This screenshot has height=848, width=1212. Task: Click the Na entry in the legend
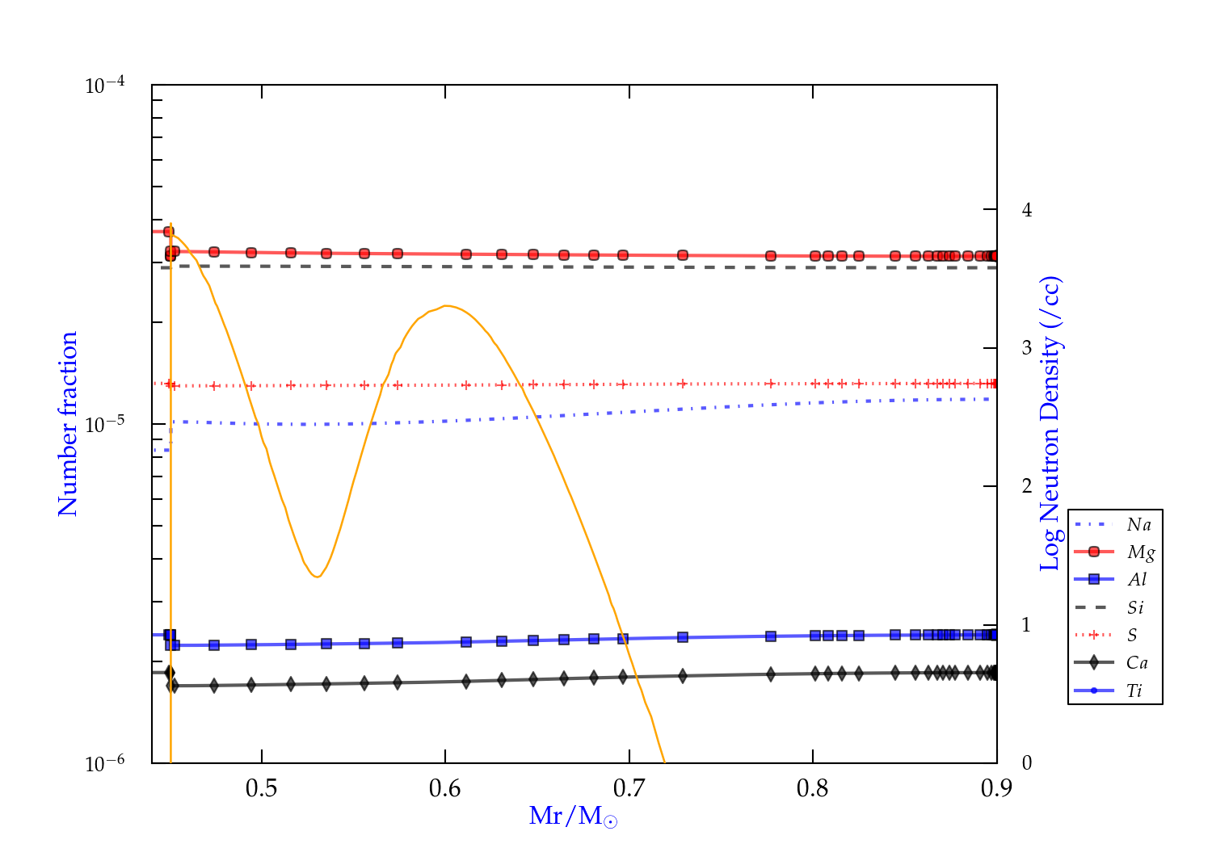point(1138,525)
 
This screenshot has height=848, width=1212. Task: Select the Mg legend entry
point(1140,552)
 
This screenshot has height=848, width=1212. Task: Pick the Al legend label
point(1137,580)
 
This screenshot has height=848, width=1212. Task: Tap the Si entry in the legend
point(1135,607)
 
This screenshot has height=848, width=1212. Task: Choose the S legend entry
point(1132,636)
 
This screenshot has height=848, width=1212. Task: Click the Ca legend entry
point(1137,663)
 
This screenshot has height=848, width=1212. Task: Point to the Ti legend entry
point(1134,691)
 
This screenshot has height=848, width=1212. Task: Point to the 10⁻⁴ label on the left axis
point(105,86)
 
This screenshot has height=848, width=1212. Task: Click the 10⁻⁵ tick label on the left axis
point(105,424)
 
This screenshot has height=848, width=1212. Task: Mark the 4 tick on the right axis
point(1027,210)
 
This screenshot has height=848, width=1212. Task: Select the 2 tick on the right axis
point(1027,486)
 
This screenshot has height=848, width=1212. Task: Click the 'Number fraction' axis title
point(68,424)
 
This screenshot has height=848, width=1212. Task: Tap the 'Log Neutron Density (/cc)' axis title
point(1050,424)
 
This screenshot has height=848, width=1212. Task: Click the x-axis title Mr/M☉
point(573,817)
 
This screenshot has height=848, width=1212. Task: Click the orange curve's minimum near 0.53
point(317,577)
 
